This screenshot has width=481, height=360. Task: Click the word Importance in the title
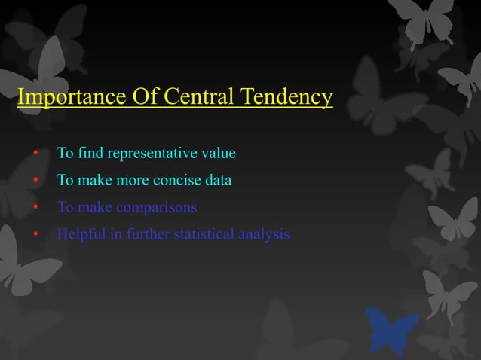[63, 98]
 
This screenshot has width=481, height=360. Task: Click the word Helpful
[79, 234]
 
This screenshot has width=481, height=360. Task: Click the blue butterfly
[392, 330]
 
